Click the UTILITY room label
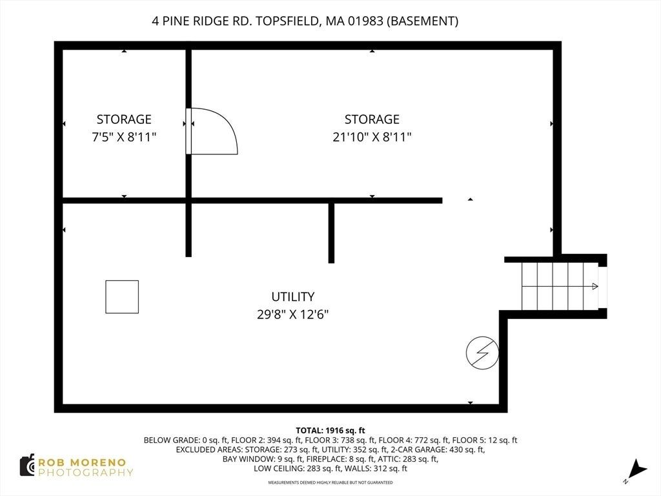(x=293, y=297)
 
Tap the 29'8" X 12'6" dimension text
(x=293, y=315)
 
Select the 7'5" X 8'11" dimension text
(x=124, y=137)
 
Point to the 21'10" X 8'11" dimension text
(x=372, y=137)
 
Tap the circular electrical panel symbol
(x=482, y=353)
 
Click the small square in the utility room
(x=122, y=297)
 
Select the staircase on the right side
(x=560, y=286)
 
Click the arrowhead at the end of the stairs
(x=595, y=286)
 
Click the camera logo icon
(x=27, y=465)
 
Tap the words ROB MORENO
(x=82, y=462)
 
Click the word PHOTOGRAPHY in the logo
(x=86, y=473)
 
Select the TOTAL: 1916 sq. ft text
(x=330, y=431)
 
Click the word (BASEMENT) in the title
(x=422, y=21)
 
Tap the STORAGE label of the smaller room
(x=124, y=119)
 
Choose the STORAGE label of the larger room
(x=372, y=119)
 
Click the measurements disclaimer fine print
(x=330, y=482)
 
